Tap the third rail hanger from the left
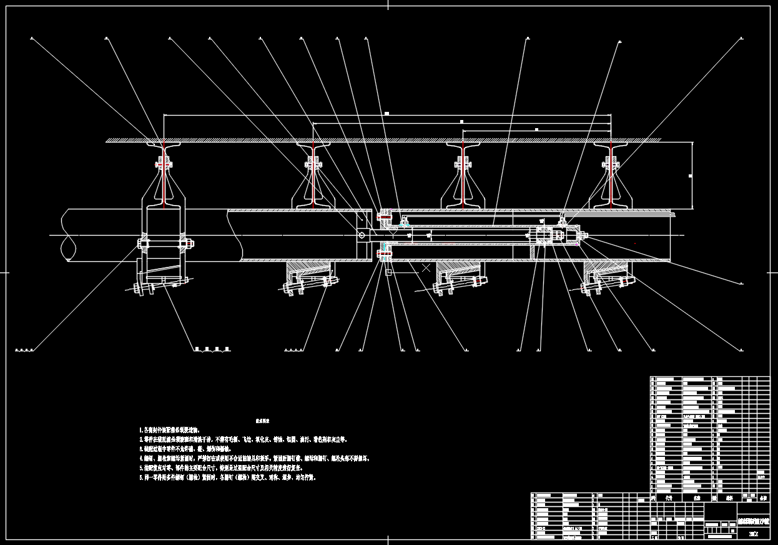(x=463, y=175)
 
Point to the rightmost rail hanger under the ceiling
(x=609, y=175)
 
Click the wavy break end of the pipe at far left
(x=67, y=235)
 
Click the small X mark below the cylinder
(x=426, y=267)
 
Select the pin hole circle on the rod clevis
(x=362, y=235)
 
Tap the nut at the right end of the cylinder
(x=584, y=235)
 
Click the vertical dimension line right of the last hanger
(x=692, y=176)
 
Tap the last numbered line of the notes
(x=229, y=477)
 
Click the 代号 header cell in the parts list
(x=669, y=498)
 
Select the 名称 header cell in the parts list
(x=697, y=498)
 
